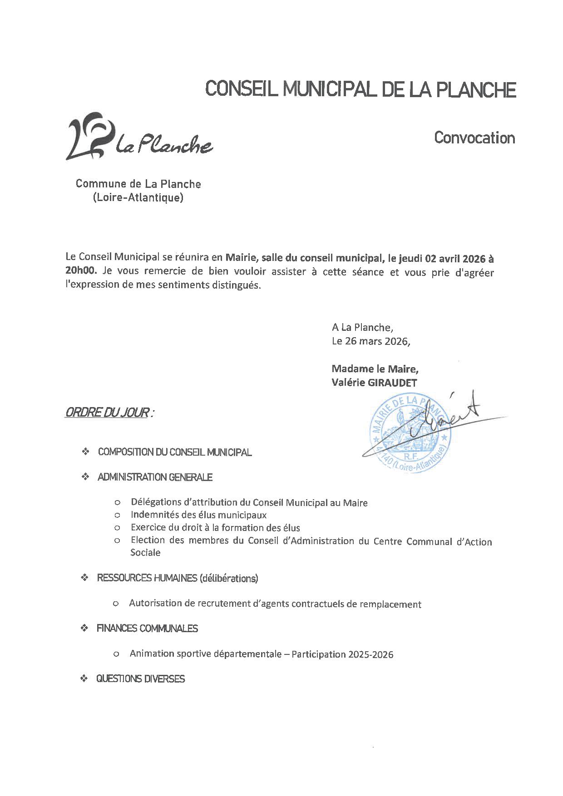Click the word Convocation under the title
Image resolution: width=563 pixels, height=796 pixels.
point(474,138)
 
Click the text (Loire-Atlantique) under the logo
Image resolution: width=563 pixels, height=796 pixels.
point(138,198)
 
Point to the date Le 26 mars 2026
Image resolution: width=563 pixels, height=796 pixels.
point(370,341)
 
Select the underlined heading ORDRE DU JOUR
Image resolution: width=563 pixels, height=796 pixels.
point(108,413)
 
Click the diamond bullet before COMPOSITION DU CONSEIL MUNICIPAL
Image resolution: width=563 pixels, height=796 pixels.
point(84,452)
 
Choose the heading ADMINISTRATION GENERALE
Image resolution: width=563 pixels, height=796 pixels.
point(155,477)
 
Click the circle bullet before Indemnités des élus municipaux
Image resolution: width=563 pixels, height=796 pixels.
point(117,515)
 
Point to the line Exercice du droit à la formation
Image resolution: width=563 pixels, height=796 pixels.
point(215,528)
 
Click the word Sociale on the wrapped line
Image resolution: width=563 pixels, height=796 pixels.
point(145,553)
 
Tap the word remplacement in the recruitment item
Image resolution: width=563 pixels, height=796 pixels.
point(390,604)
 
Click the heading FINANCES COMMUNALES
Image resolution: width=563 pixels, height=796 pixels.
point(147,629)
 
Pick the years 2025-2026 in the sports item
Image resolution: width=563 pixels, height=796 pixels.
point(370,654)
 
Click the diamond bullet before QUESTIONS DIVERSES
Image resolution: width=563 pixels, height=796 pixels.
point(84,679)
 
